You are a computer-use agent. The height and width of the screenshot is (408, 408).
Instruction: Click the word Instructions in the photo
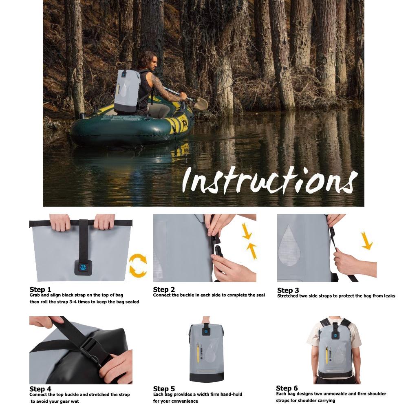pyautogui.click(x=269, y=179)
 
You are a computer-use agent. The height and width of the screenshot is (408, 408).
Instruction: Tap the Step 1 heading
pyautogui.click(x=40, y=290)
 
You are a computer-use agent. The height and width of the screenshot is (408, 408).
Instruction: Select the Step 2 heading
pyautogui.click(x=164, y=290)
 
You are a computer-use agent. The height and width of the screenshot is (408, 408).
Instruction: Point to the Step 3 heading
pyautogui.click(x=288, y=290)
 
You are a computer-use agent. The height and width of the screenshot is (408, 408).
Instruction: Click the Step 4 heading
pyautogui.click(x=40, y=389)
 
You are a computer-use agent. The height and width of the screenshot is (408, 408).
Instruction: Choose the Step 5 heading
pyautogui.click(x=164, y=389)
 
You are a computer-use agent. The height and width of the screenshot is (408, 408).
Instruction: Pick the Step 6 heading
pyautogui.click(x=287, y=388)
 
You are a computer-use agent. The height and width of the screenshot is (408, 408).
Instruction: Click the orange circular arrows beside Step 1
pyautogui.click(x=138, y=265)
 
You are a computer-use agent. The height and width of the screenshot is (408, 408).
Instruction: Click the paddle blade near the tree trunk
pyautogui.click(x=201, y=104)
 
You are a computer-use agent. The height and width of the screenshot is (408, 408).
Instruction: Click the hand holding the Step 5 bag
pyautogui.click(x=206, y=320)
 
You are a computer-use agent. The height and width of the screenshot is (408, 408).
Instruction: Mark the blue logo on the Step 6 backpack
pyautogui.click(x=335, y=335)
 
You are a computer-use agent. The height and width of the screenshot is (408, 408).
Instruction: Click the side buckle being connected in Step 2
pyautogui.click(x=217, y=248)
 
